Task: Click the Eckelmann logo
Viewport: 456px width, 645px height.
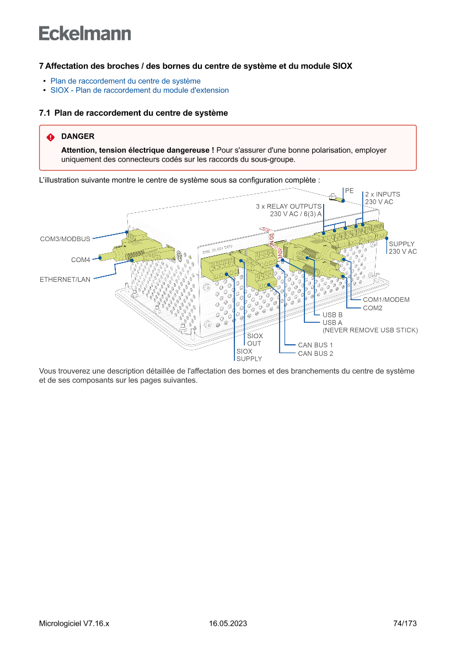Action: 85,33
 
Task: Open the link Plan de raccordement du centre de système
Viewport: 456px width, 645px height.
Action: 125,81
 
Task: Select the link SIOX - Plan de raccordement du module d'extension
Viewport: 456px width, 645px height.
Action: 140,90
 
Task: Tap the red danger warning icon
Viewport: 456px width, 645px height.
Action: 51,137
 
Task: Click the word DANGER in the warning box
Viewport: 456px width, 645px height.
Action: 78,136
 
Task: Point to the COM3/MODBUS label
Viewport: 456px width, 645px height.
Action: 65,239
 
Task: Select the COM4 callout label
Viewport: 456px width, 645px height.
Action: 81,260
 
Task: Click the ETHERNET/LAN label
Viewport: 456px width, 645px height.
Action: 65,280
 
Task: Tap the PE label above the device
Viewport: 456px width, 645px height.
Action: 350,190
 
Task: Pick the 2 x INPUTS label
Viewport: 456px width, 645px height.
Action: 383,195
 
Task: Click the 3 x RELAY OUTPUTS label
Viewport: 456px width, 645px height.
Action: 288,206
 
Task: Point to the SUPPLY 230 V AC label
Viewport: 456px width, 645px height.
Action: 403,248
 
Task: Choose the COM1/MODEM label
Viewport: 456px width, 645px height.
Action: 386,300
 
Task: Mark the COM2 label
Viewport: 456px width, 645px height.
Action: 373,308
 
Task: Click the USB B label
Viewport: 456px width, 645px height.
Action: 332,315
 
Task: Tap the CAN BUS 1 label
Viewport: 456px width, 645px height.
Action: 315,345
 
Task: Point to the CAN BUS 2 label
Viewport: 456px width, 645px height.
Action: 315,354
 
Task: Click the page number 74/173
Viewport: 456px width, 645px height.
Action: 405,623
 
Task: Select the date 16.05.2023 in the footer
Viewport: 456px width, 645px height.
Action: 228,623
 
